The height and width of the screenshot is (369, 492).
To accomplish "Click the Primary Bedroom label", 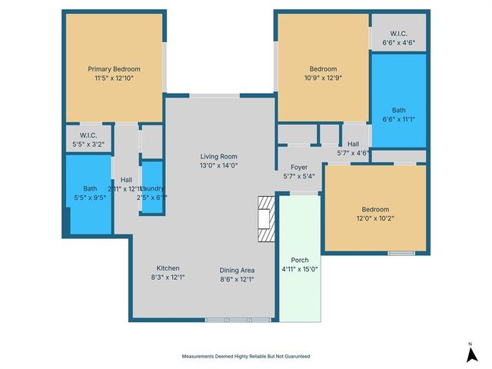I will click(x=114, y=68).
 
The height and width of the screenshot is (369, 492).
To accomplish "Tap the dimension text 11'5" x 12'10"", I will click(x=114, y=78).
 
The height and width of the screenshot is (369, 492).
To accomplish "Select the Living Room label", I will click(x=219, y=156).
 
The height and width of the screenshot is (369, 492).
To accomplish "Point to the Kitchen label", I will click(x=168, y=268).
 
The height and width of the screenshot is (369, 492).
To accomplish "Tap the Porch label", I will click(x=300, y=261).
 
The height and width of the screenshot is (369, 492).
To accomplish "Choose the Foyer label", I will click(x=299, y=167).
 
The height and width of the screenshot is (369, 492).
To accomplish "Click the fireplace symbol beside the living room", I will click(x=266, y=218).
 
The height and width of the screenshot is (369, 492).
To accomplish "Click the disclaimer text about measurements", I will click(x=246, y=357).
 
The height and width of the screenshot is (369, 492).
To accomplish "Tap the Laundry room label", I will click(x=153, y=188).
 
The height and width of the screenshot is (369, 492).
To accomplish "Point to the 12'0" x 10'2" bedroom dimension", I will click(x=375, y=218).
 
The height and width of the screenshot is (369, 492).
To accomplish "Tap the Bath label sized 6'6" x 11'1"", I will click(x=398, y=110).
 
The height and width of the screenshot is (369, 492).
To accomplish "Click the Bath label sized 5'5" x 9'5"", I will click(x=90, y=188).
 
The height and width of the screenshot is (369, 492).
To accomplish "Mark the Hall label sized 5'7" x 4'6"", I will click(x=354, y=144).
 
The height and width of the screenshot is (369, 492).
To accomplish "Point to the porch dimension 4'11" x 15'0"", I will click(x=300, y=269).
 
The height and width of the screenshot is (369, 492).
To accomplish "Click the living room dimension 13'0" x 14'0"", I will click(x=219, y=165).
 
